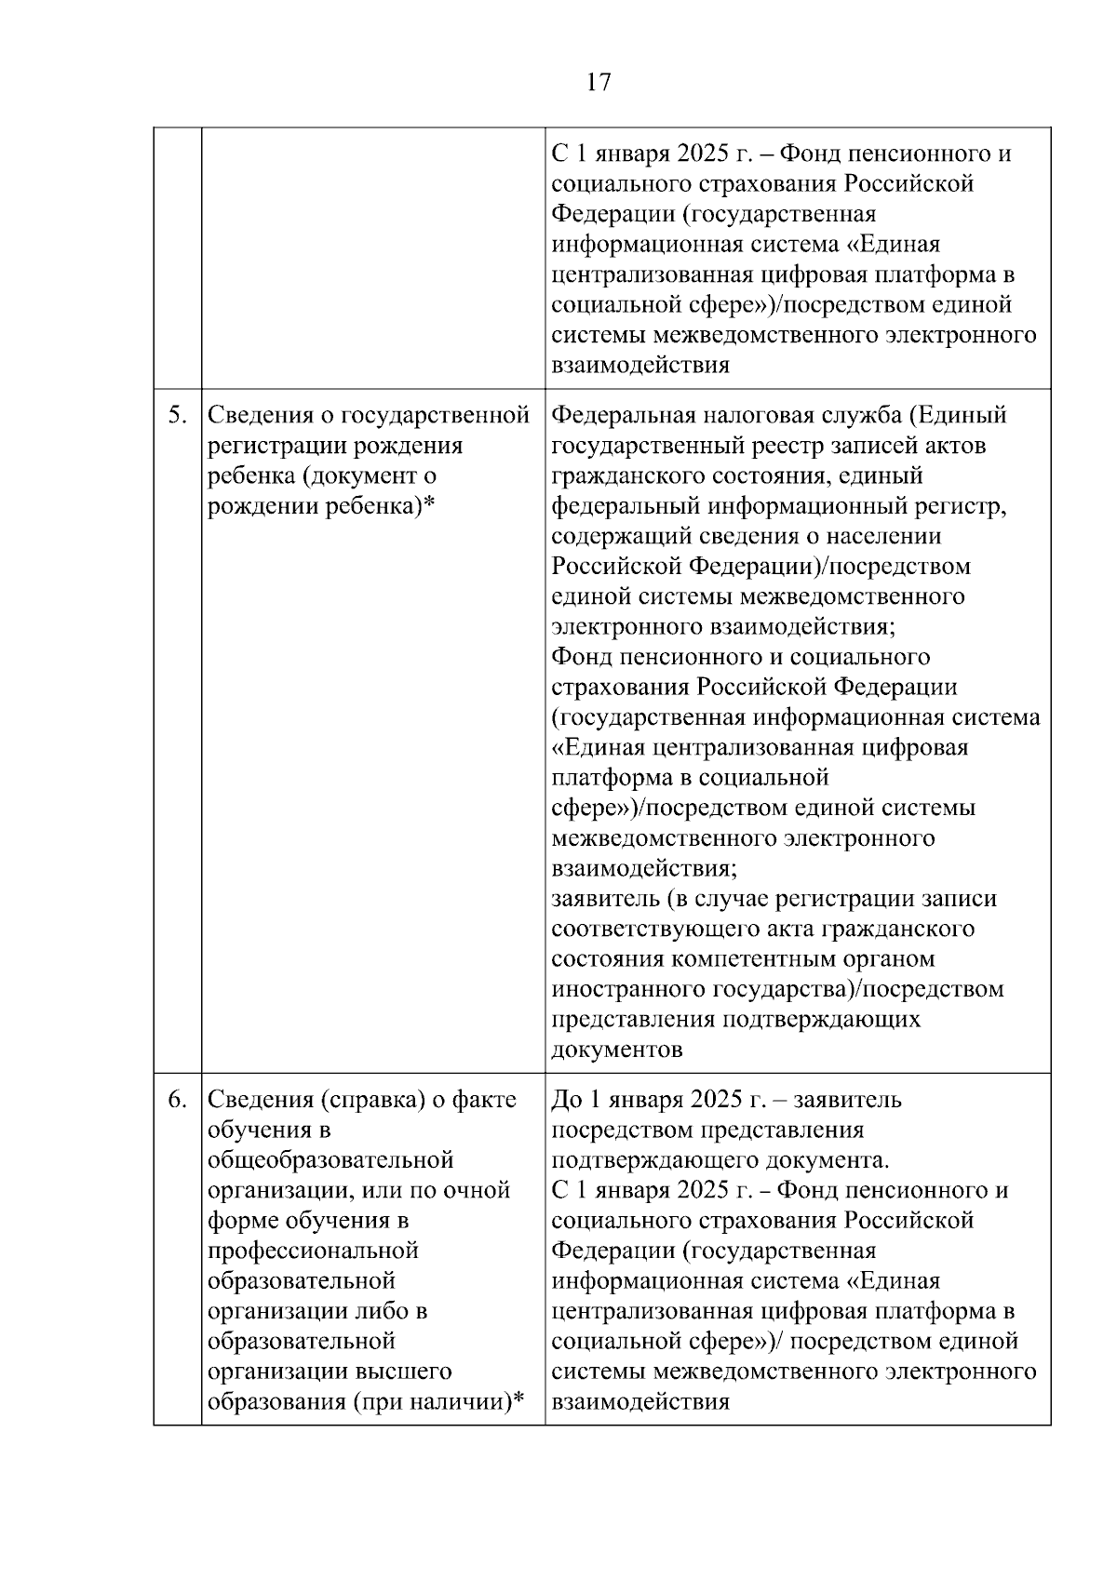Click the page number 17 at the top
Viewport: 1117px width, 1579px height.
(x=599, y=83)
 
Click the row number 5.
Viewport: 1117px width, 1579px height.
(x=177, y=415)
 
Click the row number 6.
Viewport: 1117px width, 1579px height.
(x=177, y=1100)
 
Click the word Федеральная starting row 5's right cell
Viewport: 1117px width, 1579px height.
(x=625, y=415)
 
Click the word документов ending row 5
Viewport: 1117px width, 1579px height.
(x=616, y=1050)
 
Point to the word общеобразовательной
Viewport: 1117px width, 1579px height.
(x=330, y=1160)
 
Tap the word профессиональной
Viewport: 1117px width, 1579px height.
(x=313, y=1251)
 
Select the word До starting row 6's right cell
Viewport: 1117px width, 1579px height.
(x=567, y=1100)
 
